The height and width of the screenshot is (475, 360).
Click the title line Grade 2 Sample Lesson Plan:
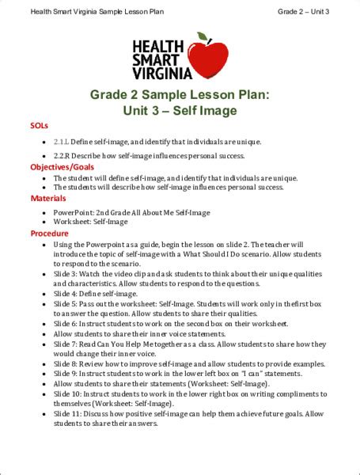click(x=180, y=95)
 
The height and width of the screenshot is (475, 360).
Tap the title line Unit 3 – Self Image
click(x=180, y=111)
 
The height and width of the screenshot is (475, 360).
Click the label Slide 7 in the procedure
click(x=65, y=344)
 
